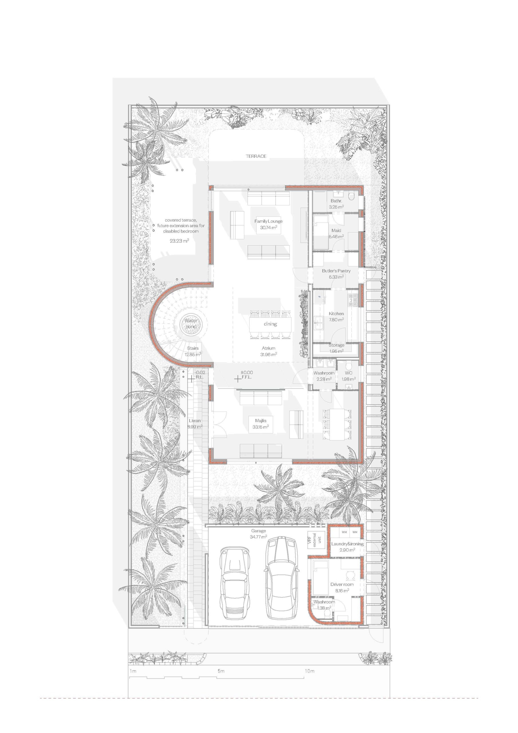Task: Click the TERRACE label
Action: tap(256, 156)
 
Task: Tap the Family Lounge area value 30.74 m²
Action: tap(268, 227)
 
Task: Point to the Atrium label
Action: tap(268, 348)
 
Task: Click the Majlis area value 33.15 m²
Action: tap(260, 427)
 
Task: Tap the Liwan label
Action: tap(194, 420)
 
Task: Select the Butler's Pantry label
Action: tap(336, 271)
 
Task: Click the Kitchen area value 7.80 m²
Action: tap(336, 320)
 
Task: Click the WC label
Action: tap(349, 373)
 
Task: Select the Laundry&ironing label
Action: tap(347, 544)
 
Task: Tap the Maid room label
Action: tap(336, 230)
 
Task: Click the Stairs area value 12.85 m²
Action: tap(193, 354)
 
